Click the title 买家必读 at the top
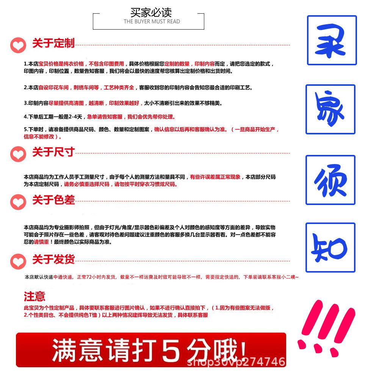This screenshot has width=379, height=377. point(151,12)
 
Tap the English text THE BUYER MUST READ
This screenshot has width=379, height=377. point(152,22)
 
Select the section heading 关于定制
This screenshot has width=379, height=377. point(53,43)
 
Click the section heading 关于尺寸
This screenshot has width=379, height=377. point(53,152)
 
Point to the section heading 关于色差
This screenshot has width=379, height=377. point(53,200)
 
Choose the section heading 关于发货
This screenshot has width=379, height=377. point(53,260)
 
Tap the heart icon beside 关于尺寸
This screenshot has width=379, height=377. point(18,154)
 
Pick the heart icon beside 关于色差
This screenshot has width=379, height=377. point(18,202)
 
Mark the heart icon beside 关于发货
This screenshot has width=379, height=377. point(18,262)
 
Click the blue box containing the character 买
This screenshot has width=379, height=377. point(332,40)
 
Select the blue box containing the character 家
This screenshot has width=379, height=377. point(330,109)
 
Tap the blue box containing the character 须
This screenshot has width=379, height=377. point(330,180)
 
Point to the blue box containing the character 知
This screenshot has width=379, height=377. point(330,248)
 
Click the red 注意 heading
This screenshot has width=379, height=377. point(34,296)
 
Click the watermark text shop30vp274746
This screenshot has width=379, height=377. point(236,362)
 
